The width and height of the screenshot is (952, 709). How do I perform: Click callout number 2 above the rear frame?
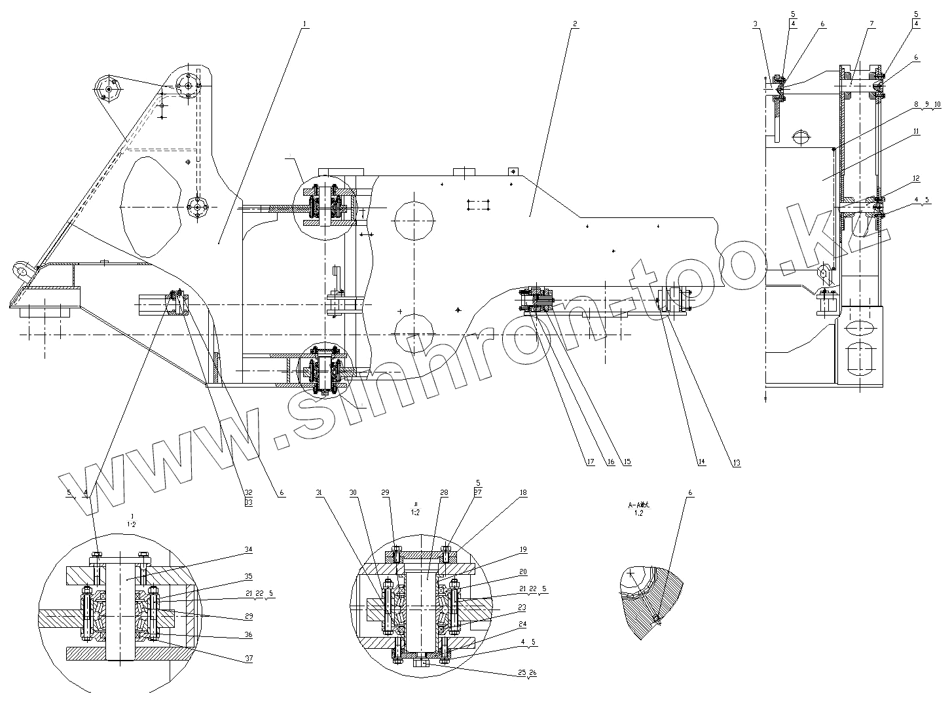tap(574, 24)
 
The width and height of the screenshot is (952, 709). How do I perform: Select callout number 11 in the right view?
tap(916, 132)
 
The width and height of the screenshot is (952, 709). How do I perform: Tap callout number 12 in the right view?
tap(916, 178)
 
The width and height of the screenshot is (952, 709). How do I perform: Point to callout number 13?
tap(737, 463)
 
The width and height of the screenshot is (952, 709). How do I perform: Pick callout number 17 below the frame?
tap(590, 462)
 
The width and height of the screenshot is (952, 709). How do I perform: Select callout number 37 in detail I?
tap(248, 659)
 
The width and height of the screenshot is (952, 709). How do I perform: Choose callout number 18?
tap(522, 493)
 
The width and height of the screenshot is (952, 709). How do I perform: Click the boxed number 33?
tap(249, 502)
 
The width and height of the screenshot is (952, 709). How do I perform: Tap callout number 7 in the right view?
tap(871, 24)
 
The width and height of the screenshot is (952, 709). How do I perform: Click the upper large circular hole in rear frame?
tap(414, 220)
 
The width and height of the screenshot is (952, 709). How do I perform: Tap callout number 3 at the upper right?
tap(756, 24)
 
